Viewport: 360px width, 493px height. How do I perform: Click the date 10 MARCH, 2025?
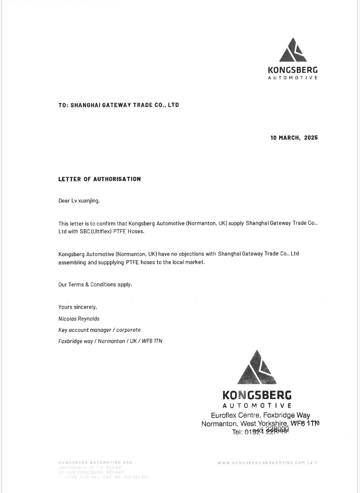(294, 137)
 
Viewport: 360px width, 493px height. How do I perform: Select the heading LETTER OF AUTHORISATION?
(100, 179)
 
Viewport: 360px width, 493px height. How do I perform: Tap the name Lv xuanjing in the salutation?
(85, 201)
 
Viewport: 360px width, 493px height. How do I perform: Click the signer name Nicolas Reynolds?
(79, 319)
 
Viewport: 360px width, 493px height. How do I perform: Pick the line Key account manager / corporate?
(100, 330)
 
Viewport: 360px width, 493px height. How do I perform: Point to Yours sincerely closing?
(77, 307)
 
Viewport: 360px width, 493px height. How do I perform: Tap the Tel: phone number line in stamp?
(260, 432)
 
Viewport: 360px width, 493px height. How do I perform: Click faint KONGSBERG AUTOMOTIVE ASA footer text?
(96, 462)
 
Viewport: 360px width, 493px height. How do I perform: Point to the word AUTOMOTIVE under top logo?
(293, 78)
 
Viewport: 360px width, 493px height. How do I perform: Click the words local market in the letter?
(188, 263)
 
